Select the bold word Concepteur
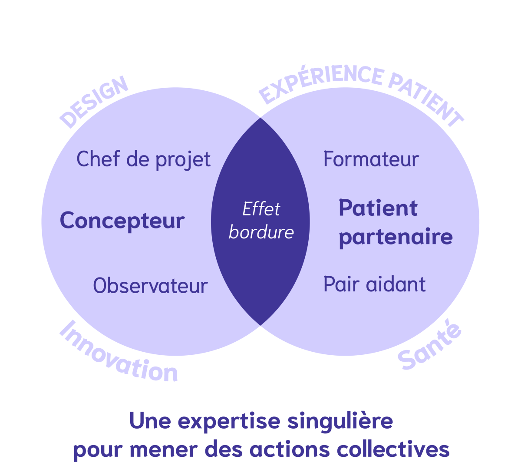122,221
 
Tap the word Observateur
150,286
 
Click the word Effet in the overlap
261,209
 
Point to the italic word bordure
261,232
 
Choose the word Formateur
371,159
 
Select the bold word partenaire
396,237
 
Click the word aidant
396,284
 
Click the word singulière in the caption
341,422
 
